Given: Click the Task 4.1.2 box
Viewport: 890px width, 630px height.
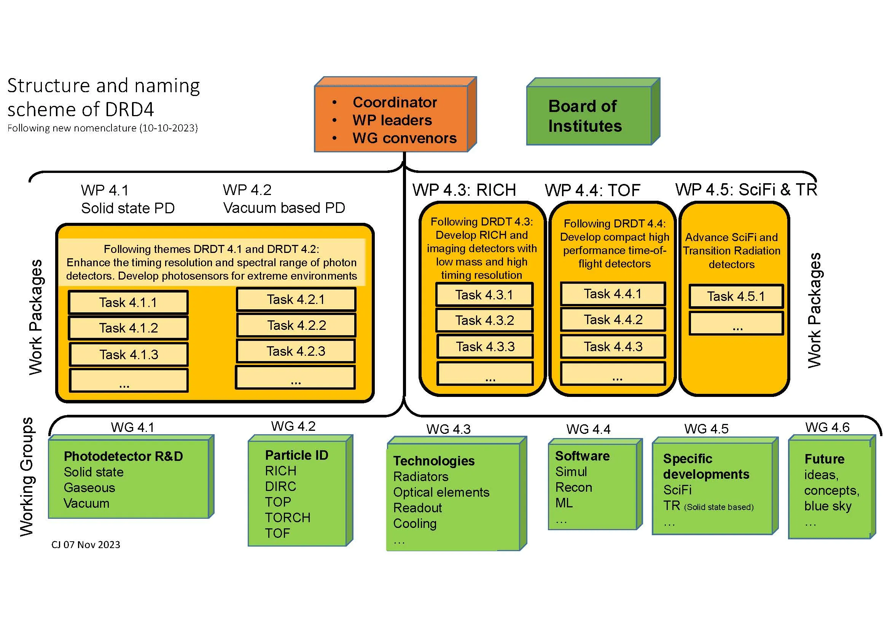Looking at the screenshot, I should point(128,328).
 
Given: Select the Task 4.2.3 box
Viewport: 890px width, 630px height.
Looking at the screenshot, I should point(296,352).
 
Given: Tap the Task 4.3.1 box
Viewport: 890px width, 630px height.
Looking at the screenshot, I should point(484,295).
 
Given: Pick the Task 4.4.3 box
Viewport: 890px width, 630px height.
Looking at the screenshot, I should point(613,346).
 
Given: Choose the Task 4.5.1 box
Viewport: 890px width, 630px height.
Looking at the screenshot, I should point(736,297).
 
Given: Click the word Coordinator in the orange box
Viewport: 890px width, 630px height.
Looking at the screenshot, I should point(395,102).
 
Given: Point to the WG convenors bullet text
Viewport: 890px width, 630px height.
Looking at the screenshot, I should point(404,139).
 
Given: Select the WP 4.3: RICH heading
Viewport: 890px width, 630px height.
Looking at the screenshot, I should point(464,190).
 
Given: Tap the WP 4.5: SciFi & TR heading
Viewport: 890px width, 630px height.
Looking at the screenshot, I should point(746,190).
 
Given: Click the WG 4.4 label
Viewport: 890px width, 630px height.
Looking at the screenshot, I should point(588,429).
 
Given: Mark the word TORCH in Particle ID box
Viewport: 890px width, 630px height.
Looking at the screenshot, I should point(288,518).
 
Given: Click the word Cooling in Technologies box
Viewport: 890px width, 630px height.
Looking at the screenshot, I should point(415,524).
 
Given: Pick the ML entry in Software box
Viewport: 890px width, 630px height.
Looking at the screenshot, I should point(564,503).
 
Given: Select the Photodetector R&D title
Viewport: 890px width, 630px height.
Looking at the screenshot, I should point(123,456).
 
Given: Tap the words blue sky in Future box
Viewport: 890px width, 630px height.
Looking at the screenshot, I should point(828,506).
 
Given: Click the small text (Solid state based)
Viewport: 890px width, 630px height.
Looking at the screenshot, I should point(719,507).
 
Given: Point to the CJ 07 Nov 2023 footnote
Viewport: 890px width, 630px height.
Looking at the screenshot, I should point(86,545).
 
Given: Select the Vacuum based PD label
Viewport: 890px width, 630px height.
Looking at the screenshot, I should point(284,208).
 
